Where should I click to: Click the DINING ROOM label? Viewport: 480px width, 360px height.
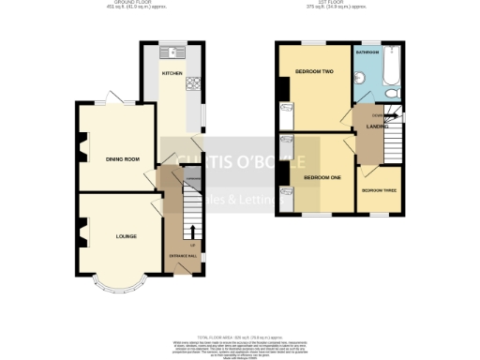pos(123,159)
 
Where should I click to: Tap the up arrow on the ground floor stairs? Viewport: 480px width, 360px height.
pos(194,231)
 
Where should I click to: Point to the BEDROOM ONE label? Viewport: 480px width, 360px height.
pos(323,176)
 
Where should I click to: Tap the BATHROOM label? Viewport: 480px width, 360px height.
pos(367,53)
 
